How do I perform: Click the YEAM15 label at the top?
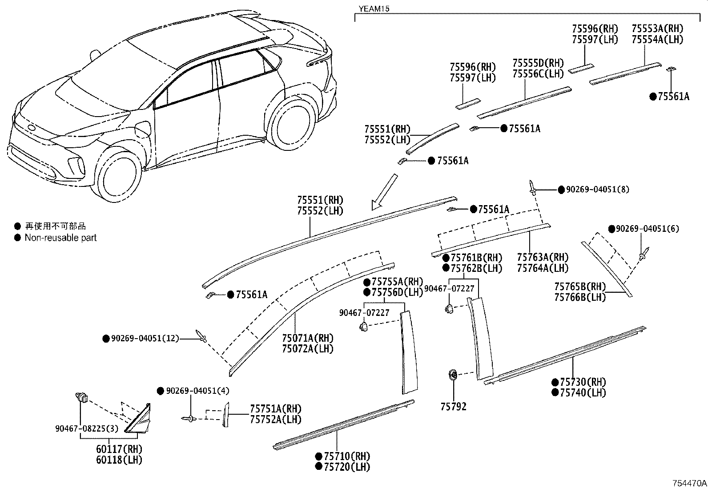pyautogui.click(x=374, y=8)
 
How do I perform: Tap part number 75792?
pyautogui.click(x=454, y=407)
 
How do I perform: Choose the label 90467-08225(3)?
pyautogui.click(x=80, y=428)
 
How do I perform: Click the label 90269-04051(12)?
pyautogui.click(x=145, y=339)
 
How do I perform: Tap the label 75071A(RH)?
pyautogui.click(x=308, y=338)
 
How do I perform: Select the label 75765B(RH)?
pyautogui.click(x=580, y=286)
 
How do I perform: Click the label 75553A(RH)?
pyautogui.click(x=657, y=28)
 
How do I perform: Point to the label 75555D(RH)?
pyautogui.click(x=538, y=63)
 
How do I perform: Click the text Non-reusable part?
pyautogui.click(x=60, y=238)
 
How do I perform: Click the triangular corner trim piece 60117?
pyautogui.click(x=140, y=418)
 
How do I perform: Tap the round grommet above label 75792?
pyautogui.click(x=453, y=375)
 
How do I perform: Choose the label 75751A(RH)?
pyautogui.click(x=275, y=408)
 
